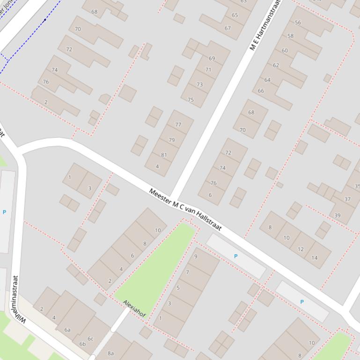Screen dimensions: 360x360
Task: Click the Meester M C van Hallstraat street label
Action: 185,209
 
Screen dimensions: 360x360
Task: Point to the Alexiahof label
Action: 134,309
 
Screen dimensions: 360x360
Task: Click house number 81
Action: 164,155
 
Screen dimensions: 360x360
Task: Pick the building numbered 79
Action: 171,140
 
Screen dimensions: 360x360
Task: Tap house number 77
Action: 178,125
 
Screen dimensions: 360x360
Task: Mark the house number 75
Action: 191,100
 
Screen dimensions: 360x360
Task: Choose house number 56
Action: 298,22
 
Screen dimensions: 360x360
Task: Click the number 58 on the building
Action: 290,36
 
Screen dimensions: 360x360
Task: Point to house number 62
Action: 276,65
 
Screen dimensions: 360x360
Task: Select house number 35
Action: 357,186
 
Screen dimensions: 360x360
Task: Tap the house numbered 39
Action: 338,216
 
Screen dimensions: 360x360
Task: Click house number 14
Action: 314,258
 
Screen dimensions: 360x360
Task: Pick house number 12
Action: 301,249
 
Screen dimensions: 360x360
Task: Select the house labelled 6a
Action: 67,330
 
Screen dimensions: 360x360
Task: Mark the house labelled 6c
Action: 90,339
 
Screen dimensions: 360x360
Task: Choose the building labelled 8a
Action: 111,353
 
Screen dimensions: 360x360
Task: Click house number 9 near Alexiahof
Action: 196,256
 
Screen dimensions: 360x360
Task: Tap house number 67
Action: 228,28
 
